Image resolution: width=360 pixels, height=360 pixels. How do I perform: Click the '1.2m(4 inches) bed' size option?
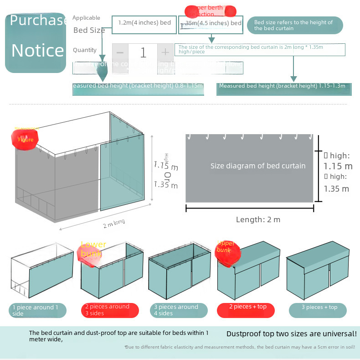click(x=144, y=23)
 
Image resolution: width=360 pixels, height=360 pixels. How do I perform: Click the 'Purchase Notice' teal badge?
click(x=36, y=42)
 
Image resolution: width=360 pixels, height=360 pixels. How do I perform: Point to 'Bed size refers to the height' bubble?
click(x=294, y=26)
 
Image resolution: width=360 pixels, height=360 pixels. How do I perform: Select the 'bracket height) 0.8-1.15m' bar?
click(x=138, y=86)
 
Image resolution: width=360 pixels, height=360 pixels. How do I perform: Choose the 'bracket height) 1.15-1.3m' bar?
click(x=283, y=86)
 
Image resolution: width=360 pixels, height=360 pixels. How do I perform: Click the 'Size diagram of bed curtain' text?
click(x=258, y=166)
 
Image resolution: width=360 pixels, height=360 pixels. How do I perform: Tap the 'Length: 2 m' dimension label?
click(x=258, y=219)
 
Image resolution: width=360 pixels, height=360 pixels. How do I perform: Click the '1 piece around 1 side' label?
click(x=38, y=310)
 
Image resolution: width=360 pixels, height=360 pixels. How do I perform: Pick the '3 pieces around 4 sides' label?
click(x=179, y=310)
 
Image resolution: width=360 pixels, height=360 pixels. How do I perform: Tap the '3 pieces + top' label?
click(x=318, y=308)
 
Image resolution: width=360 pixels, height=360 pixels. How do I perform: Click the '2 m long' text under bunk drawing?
click(x=114, y=223)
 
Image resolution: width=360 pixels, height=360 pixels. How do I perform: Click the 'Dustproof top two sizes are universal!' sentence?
click(x=291, y=334)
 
